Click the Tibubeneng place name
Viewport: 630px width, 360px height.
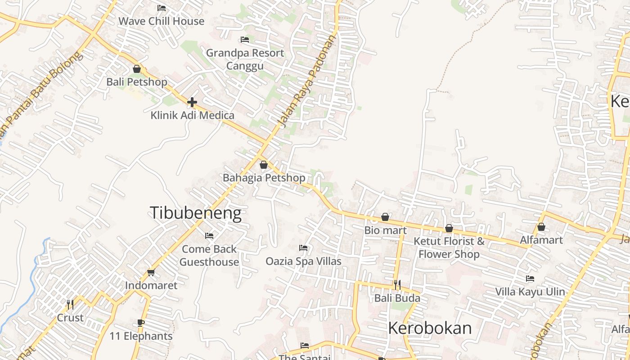click(195, 213)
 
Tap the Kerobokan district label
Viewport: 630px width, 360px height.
click(430, 328)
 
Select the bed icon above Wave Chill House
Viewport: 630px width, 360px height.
click(162, 8)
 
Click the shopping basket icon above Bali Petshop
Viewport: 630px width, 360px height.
click(137, 69)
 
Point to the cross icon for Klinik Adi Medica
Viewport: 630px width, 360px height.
click(192, 102)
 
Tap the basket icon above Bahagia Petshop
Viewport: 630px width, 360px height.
click(264, 165)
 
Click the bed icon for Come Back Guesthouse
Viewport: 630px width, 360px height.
click(209, 235)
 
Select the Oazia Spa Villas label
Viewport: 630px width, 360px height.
click(303, 261)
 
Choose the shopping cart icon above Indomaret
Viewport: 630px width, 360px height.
click(151, 272)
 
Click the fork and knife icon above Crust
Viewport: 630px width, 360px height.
click(70, 305)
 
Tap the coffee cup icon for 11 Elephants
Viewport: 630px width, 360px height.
click(141, 323)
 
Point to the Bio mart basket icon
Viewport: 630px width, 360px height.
click(385, 217)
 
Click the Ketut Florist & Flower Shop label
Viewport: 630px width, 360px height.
click(449, 247)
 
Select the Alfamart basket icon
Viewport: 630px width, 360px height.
click(541, 227)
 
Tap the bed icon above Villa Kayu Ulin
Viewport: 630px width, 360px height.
click(530, 279)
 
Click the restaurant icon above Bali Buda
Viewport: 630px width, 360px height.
click(397, 285)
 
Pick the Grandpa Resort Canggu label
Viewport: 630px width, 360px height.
click(245, 59)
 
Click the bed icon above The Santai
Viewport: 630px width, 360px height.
click(305, 346)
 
